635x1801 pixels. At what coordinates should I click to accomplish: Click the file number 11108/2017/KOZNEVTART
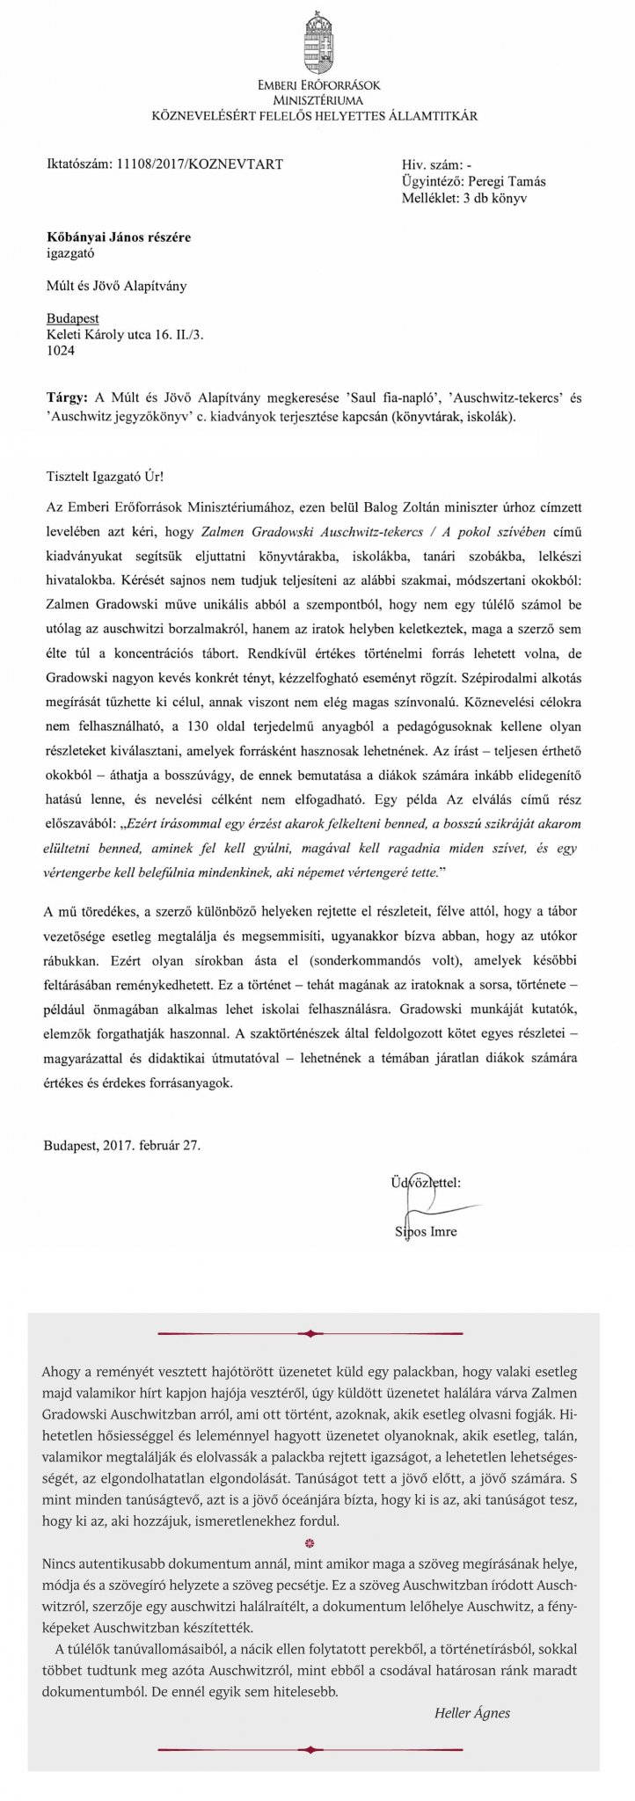click(199, 164)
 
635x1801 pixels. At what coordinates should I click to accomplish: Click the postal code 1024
click(61, 351)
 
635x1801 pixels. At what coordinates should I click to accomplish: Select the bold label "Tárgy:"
click(67, 397)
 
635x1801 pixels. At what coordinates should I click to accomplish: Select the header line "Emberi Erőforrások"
click(317, 87)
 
